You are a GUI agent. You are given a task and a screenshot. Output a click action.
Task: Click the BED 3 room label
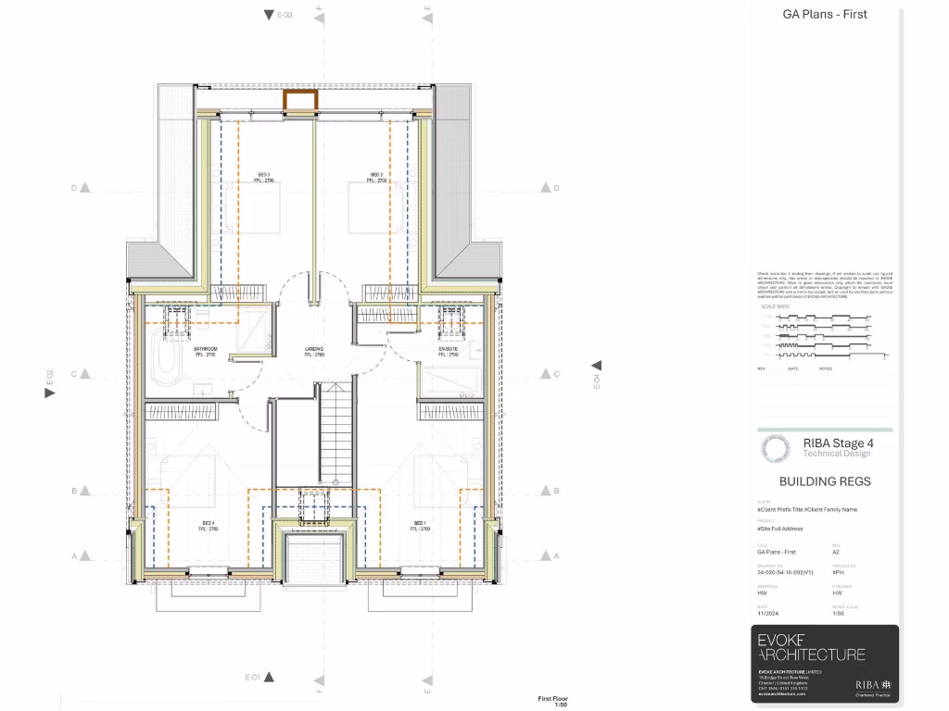[263, 175]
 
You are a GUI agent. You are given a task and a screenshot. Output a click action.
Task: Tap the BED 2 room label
[376, 175]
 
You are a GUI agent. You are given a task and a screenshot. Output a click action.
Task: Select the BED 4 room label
[209, 524]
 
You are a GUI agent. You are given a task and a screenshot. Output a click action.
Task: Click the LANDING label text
[314, 350]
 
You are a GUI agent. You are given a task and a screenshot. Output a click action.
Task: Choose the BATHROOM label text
[205, 350]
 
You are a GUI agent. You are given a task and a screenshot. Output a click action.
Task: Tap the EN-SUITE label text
[449, 350]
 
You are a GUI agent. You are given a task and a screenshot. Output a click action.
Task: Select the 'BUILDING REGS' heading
[825, 481]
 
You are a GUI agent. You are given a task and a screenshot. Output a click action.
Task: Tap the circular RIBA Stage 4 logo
[776, 449]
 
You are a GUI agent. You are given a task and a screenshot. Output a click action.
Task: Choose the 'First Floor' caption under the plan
[553, 699]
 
